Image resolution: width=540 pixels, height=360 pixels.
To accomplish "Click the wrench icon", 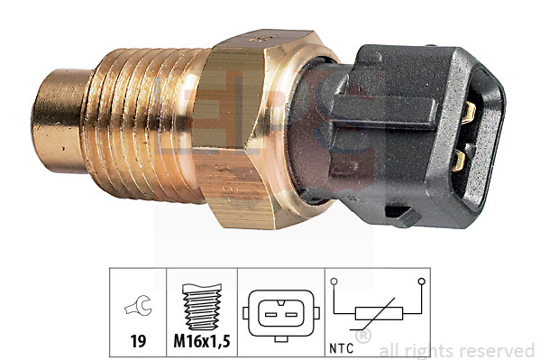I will click(140, 309).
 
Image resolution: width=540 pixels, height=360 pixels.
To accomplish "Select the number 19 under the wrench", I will click(140, 342).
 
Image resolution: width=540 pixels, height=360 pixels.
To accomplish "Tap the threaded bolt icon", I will click(202, 308).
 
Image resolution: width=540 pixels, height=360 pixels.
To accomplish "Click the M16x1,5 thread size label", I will click(202, 342).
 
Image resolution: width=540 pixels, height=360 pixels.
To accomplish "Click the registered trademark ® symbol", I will click(364, 337).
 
